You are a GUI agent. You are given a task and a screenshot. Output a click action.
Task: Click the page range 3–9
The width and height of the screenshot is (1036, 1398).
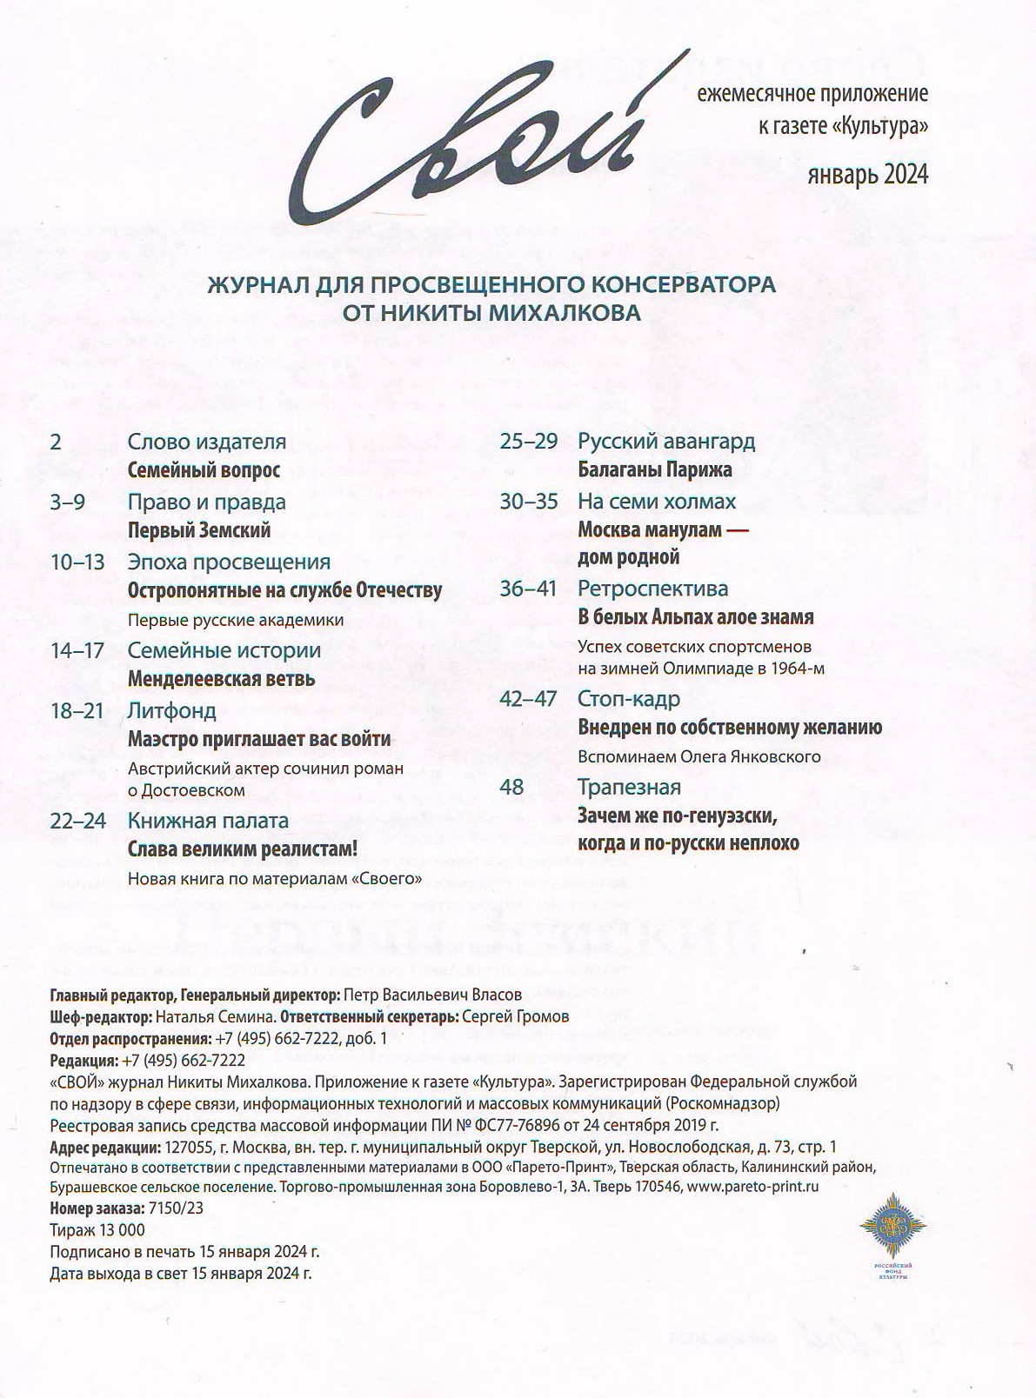point(68,502)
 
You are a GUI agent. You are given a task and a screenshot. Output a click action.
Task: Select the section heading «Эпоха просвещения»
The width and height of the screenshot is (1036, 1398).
point(229,562)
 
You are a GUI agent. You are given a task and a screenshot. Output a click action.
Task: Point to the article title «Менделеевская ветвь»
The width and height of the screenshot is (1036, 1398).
point(221,678)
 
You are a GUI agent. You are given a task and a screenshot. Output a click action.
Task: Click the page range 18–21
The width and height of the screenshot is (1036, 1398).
point(77,710)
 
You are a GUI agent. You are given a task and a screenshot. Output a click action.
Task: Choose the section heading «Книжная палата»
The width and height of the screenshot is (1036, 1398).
point(208,820)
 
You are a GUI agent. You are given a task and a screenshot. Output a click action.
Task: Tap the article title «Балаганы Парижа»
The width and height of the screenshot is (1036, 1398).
point(654,469)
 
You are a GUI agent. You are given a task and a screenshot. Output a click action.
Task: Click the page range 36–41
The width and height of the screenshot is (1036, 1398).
point(528,589)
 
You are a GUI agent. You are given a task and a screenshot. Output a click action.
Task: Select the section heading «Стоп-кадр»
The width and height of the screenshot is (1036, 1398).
point(629,699)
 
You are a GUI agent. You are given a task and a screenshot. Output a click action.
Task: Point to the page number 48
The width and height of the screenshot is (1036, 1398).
point(512,787)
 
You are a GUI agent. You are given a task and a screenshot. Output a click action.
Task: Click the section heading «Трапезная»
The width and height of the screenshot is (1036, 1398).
point(629,787)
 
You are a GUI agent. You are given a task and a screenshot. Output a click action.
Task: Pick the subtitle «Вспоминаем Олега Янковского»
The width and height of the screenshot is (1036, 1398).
point(698,756)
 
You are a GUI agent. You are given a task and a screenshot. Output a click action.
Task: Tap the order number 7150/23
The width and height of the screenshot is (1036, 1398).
point(177,1208)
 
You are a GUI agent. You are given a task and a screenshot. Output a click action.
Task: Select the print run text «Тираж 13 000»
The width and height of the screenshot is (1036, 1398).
point(97,1230)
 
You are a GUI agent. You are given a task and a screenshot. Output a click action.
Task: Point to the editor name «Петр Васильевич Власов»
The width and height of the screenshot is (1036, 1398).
point(432,995)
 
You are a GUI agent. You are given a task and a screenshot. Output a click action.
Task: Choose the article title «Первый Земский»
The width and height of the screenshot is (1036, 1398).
point(199,530)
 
